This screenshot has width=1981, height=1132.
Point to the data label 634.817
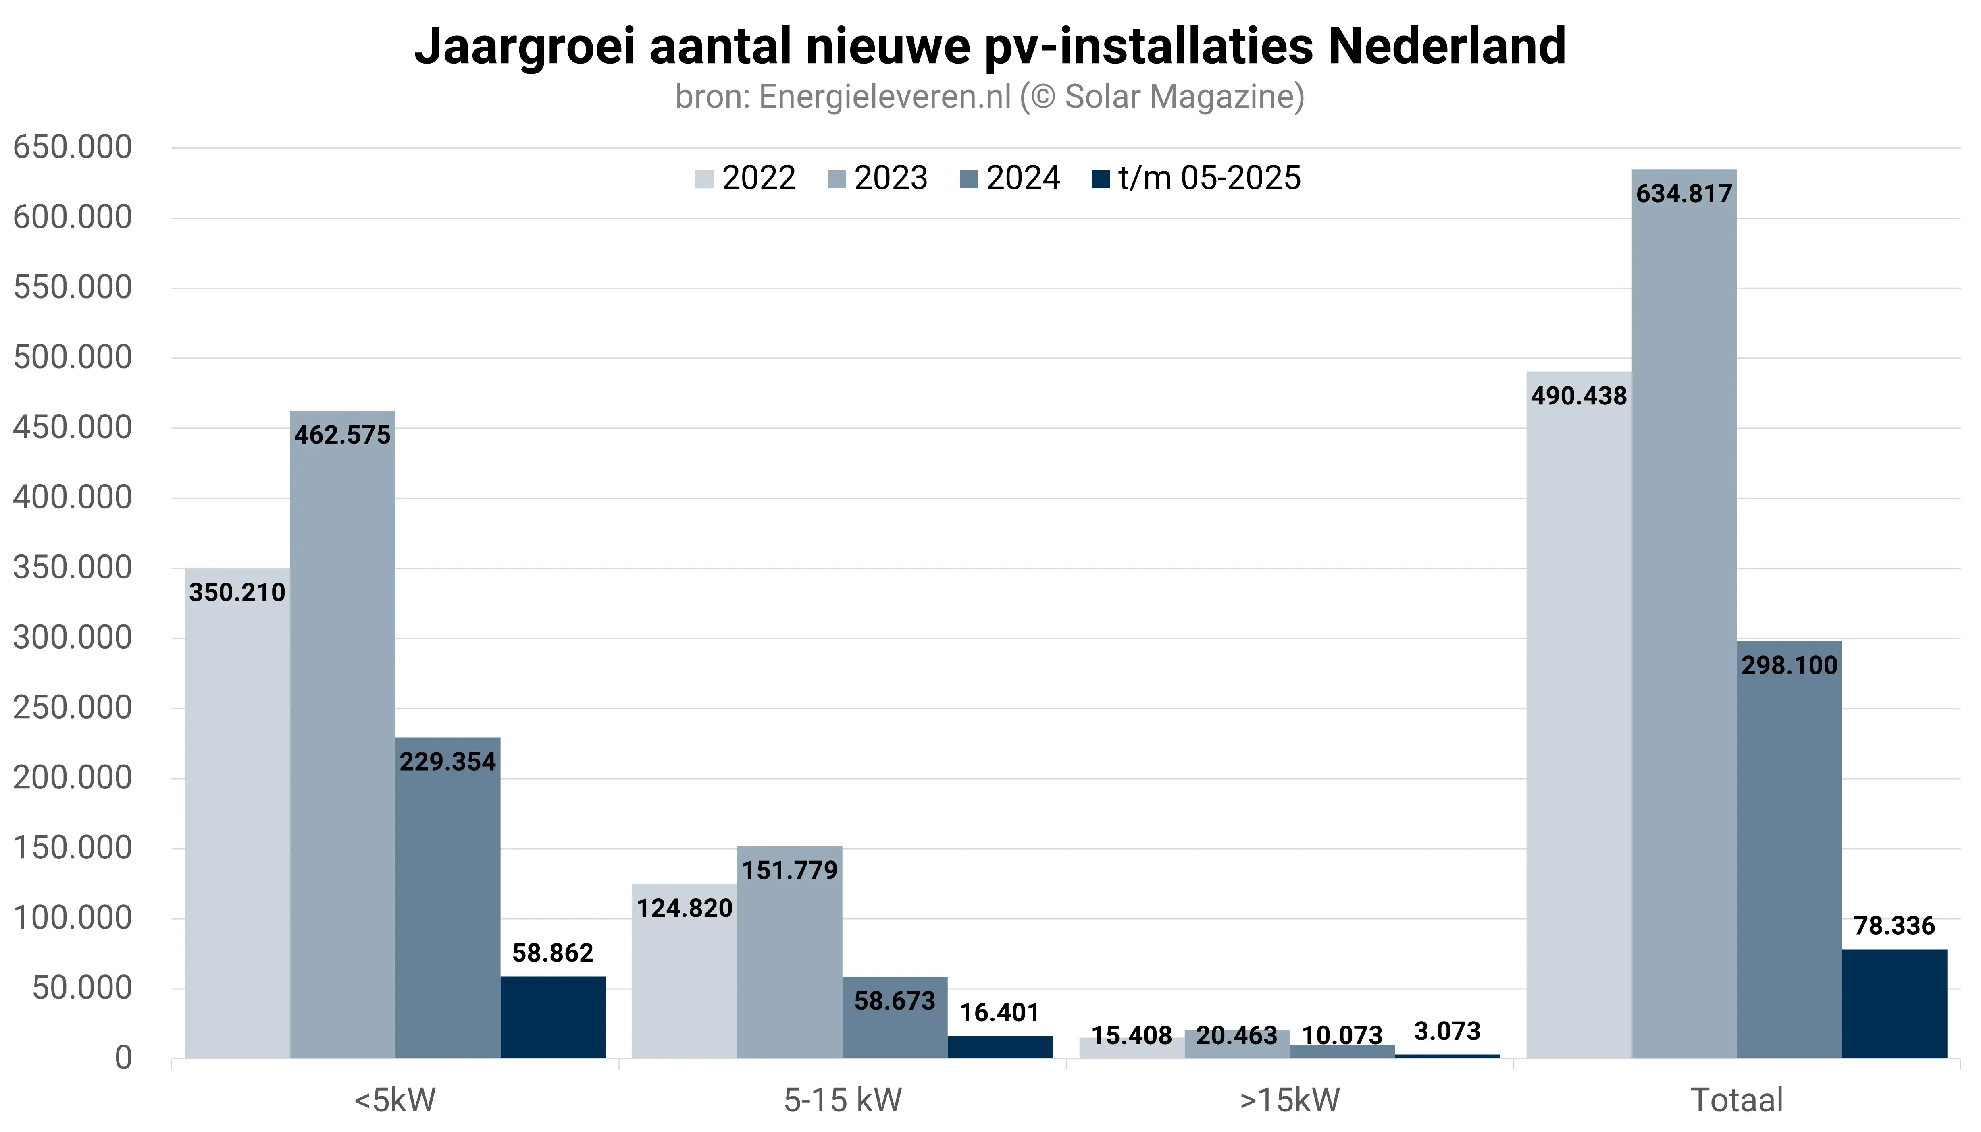[1684, 194]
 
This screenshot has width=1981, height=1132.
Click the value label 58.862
[552, 953]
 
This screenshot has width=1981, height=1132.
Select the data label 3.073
[1447, 1032]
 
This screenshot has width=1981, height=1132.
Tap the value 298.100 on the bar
[1789, 666]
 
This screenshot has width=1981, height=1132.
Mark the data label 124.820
[685, 908]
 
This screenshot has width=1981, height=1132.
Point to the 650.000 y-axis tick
[72, 147]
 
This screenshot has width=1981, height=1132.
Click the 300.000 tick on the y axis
[72, 638]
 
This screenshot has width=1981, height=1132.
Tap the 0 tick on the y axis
[123, 1058]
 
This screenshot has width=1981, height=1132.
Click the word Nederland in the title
[1447, 47]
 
